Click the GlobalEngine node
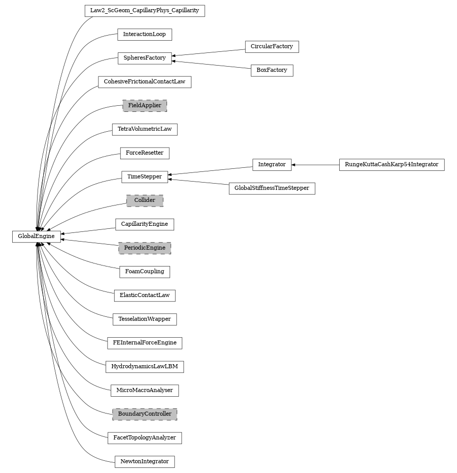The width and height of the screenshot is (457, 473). click(36, 236)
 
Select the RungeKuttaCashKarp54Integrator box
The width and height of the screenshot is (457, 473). click(391, 165)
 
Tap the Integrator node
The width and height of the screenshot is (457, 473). click(272, 165)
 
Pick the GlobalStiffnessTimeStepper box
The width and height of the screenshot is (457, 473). click(272, 188)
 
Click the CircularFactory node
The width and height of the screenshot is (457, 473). click(272, 46)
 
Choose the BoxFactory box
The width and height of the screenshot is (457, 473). click(272, 70)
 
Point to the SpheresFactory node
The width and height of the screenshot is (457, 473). click(145, 58)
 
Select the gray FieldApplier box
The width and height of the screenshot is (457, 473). click(145, 106)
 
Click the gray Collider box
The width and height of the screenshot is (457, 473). click(145, 200)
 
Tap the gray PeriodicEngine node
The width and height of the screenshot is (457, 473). click(145, 248)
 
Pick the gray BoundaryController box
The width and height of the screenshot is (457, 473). click(145, 414)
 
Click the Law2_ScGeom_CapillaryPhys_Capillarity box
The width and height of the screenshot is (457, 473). click(145, 11)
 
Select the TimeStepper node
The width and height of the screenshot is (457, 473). click(145, 176)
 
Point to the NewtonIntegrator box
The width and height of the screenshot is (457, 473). click(145, 461)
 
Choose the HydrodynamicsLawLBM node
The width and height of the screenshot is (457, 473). click(145, 367)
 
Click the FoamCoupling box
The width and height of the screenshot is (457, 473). click(145, 272)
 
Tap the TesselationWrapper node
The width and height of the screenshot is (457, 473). click(145, 319)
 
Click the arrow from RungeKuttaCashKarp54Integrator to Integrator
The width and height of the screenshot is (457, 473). click(315, 165)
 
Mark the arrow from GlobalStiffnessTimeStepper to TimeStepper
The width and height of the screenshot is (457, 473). click(198, 182)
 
